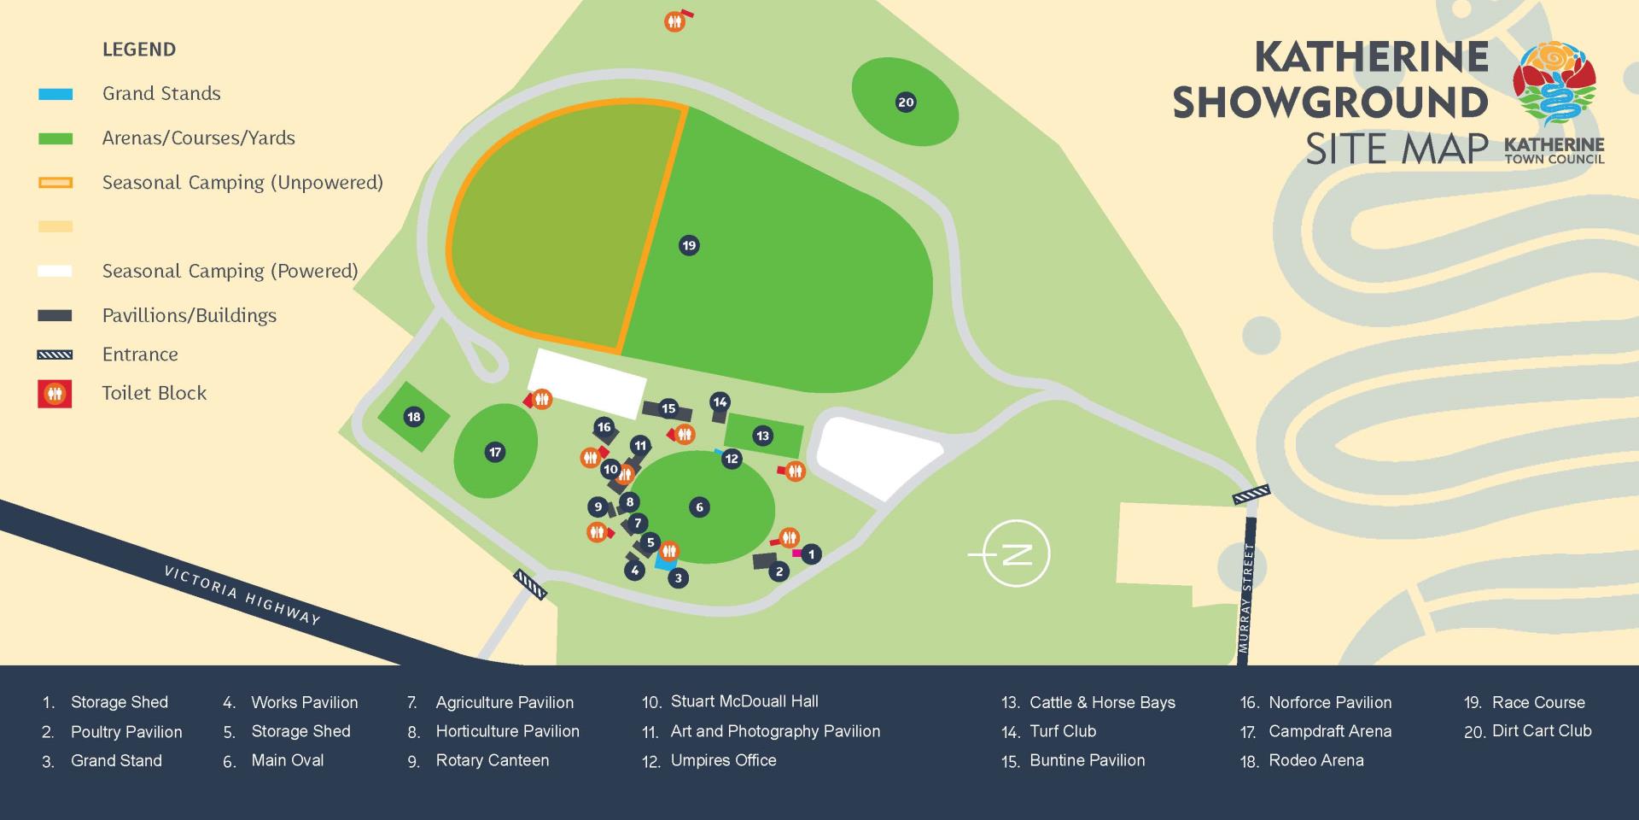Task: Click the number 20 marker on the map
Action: [x=906, y=102]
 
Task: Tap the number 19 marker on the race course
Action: [x=689, y=246]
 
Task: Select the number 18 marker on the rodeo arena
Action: [x=414, y=417]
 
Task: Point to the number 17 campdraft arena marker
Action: [x=495, y=452]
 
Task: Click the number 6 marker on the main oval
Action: [x=699, y=507]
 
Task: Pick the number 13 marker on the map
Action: [x=762, y=436]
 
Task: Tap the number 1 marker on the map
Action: [x=811, y=554]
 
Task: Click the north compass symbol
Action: [x=1016, y=553]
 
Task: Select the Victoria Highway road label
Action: [x=242, y=595]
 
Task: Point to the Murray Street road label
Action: [x=1246, y=598]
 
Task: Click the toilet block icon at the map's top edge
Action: [x=675, y=21]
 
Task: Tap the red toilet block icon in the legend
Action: [x=55, y=394]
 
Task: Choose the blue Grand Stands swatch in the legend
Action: [x=55, y=94]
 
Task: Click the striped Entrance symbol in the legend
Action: [x=55, y=354]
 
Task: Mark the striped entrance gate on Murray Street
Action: [x=1251, y=494]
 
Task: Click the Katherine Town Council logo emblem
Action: [x=1554, y=84]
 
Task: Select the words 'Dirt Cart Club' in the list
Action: [x=1542, y=731]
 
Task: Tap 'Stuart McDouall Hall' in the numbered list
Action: [x=744, y=702]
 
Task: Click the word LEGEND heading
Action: [x=139, y=50]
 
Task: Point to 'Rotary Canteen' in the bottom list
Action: [x=493, y=760]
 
